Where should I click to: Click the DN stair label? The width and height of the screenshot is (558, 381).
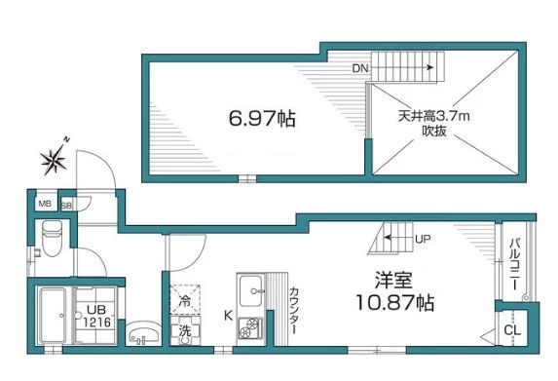pyautogui.click(x=361, y=69)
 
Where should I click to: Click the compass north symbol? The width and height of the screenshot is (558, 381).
pyautogui.click(x=54, y=157)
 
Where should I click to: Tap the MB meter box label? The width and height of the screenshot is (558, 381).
pyautogui.click(x=45, y=205)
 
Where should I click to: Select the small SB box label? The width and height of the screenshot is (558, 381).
pyautogui.click(x=66, y=206)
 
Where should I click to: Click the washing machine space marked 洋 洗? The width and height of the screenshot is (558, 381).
pyautogui.click(x=185, y=330)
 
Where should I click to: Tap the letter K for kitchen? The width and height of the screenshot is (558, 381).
pyautogui.click(x=228, y=315)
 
